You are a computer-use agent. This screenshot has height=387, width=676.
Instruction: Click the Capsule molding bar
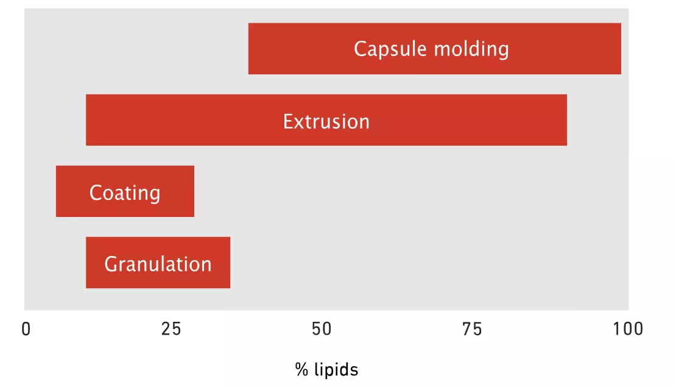click(435, 49)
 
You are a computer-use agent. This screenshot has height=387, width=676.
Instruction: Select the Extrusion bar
click(326, 120)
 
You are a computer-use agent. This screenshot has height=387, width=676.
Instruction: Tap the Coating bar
click(125, 191)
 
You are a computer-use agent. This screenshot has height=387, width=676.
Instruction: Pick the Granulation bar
click(158, 262)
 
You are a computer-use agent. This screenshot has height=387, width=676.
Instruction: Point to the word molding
click(471, 49)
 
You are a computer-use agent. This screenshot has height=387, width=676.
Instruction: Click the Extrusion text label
click(326, 122)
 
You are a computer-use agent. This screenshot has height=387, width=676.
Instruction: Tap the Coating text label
click(125, 193)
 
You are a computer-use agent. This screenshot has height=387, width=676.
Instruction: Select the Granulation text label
click(158, 264)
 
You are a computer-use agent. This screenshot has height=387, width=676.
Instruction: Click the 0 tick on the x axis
click(26, 329)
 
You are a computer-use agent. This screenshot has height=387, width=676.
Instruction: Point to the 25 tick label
click(171, 329)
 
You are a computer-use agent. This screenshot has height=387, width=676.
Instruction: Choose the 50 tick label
click(322, 329)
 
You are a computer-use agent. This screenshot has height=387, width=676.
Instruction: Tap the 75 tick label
click(471, 329)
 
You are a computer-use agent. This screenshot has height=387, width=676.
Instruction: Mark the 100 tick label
click(628, 329)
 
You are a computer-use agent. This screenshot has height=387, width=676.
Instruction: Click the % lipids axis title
click(327, 370)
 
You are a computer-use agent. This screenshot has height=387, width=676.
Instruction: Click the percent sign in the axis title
click(302, 370)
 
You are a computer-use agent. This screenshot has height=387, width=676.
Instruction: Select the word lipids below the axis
click(336, 370)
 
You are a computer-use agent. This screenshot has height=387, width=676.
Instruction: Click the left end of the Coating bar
click(56, 191)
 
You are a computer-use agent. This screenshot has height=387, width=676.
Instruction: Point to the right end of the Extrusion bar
click(567, 120)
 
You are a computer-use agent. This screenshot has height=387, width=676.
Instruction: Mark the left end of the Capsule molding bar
click(248, 49)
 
